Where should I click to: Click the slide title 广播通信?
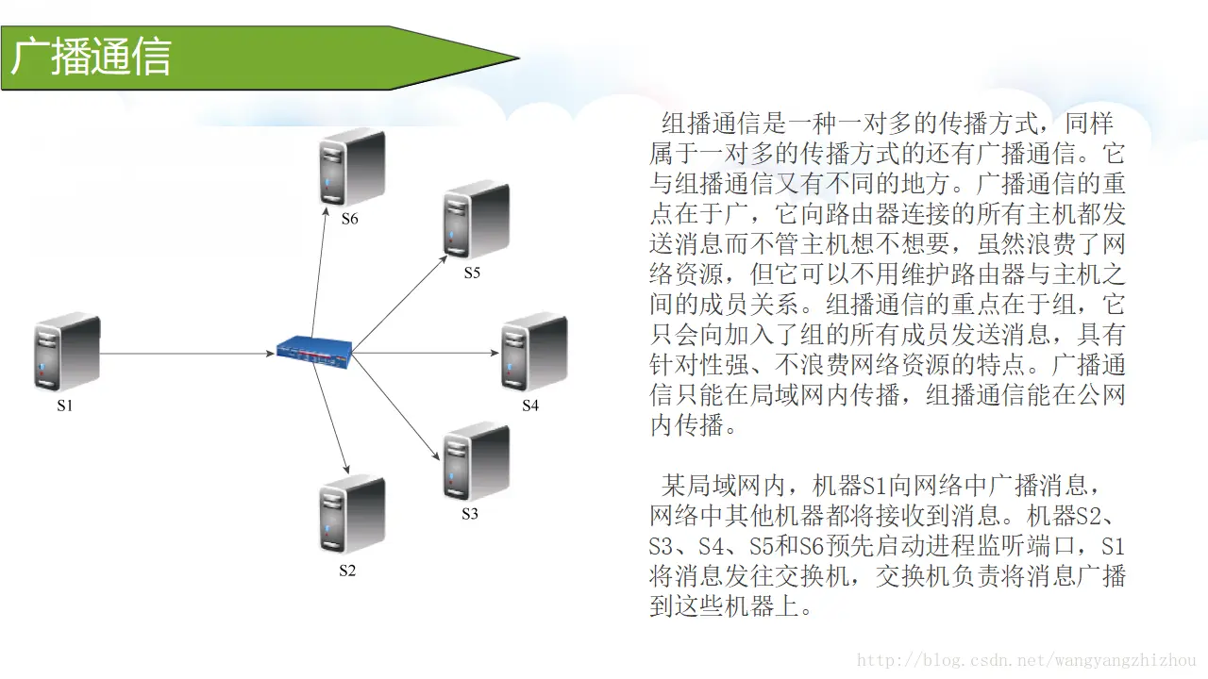click(x=92, y=57)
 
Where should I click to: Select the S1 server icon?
click(x=67, y=354)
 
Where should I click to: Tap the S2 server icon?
click(x=351, y=514)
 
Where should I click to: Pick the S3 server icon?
click(x=476, y=462)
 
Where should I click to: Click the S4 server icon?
click(x=533, y=352)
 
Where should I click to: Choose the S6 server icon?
click(x=351, y=168)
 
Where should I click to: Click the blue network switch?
click(x=314, y=351)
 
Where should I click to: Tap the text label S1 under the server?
click(x=64, y=406)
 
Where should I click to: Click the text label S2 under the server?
click(x=347, y=571)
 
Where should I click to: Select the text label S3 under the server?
click(x=470, y=514)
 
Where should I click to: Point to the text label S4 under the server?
click(x=530, y=406)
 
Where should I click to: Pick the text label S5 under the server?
click(x=472, y=273)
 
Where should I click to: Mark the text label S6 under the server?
click(x=349, y=219)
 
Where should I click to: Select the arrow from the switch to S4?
click(x=425, y=353)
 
